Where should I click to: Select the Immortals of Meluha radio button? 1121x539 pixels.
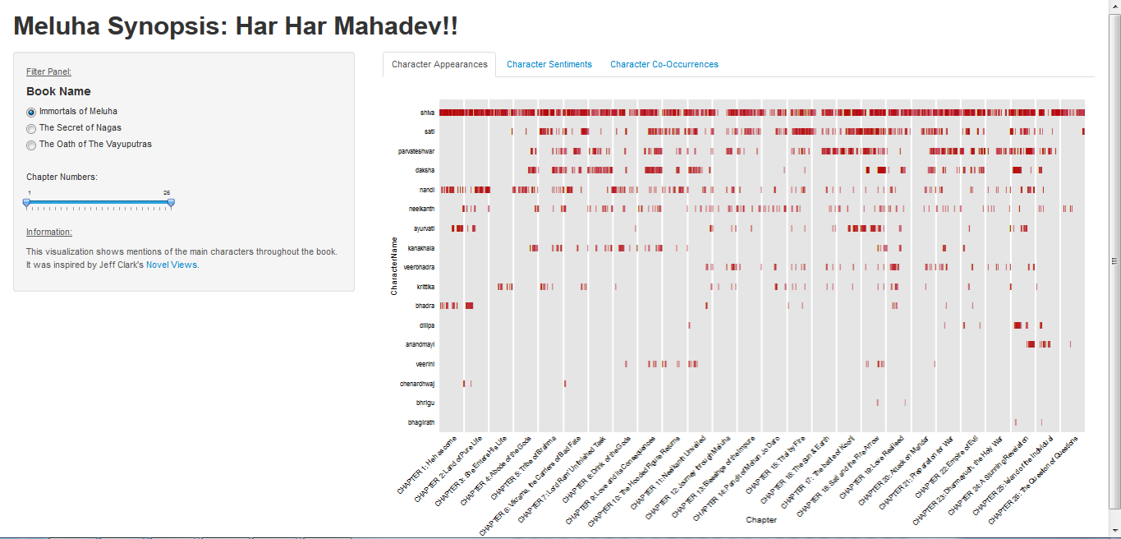(x=31, y=112)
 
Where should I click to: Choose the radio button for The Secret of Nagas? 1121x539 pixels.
(x=31, y=128)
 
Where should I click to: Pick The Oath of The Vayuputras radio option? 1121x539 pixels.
(x=31, y=145)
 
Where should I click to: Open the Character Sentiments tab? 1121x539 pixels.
(x=549, y=64)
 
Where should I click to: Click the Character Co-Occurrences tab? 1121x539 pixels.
(x=664, y=64)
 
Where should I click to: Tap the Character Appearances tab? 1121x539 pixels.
(x=439, y=64)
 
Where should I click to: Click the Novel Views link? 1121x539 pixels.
(x=171, y=265)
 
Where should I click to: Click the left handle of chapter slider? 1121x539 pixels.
(x=26, y=201)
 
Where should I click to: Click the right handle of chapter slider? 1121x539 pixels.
(x=171, y=201)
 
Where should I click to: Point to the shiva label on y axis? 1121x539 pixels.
(x=427, y=113)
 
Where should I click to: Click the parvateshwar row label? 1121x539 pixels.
(x=416, y=151)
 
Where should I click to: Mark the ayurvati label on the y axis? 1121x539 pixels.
(x=422, y=228)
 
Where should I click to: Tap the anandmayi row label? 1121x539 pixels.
(x=420, y=344)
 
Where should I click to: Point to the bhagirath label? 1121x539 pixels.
(x=421, y=422)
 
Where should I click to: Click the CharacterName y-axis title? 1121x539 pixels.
(x=394, y=266)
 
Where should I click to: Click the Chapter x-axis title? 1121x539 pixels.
(x=761, y=519)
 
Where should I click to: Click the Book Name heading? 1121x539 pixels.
(x=58, y=91)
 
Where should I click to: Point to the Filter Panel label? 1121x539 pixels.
(x=48, y=71)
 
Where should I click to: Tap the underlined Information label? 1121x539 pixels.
(x=48, y=232)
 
